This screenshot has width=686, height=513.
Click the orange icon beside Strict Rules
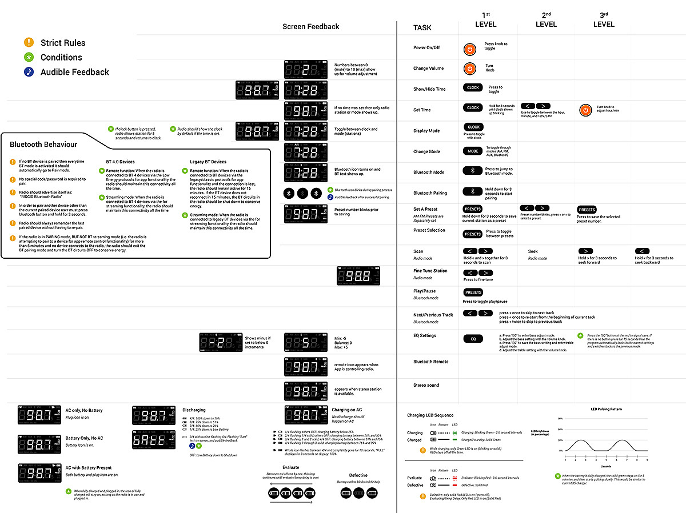coord(29,42)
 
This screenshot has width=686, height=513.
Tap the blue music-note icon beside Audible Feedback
coord(29,72)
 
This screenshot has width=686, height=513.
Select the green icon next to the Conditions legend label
coord(29,57)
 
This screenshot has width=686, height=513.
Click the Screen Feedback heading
coord(310,26)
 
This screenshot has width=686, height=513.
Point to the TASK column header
coord(422,27)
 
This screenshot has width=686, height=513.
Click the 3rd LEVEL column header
coord(604,20)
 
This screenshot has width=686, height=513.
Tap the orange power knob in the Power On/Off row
coord(469,49)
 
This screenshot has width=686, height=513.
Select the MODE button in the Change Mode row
coord(473,151)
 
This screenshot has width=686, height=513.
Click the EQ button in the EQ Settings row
coord(473,339)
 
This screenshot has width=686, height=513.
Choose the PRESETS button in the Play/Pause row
coord(473,292)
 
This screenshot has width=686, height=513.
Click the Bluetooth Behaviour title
coord(43,145)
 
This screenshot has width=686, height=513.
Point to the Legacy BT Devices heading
coord(208,162)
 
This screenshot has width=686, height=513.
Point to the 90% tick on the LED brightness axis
coord(560,419)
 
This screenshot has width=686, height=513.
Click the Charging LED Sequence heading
coord(430,415)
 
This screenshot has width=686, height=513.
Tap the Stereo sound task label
coord(426,385)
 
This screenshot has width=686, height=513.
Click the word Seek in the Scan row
coord(533,251)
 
